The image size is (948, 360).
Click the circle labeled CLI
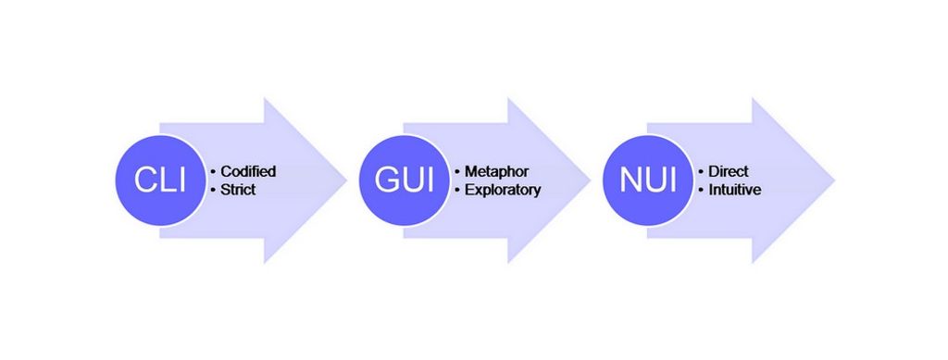[159, 180]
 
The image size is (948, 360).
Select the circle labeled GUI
[403, 180]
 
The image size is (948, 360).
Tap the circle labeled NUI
[646, 180]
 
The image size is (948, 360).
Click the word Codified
[249, 171]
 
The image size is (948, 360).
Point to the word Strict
[238, 190]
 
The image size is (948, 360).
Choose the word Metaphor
[495, 171]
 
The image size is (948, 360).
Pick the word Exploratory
[503, 190]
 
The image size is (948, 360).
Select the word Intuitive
[735, 190]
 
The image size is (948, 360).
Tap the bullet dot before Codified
[214, 172]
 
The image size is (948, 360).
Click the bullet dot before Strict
[214, 191]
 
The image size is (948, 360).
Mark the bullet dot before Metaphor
[457, 172]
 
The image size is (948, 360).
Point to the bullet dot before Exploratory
[457, 191]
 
